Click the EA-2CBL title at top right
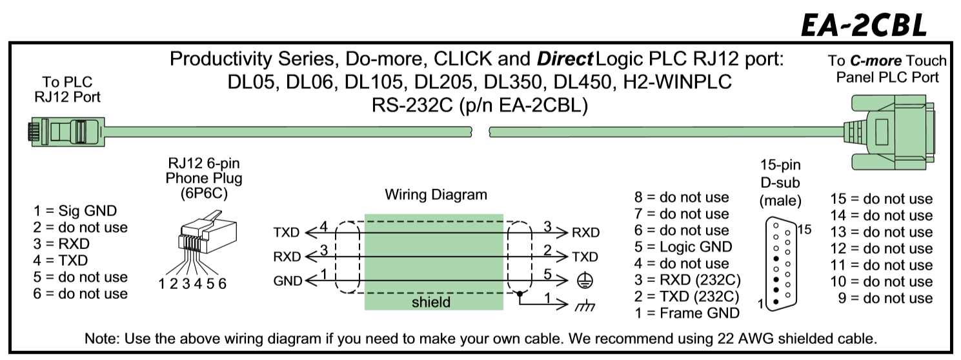pos(863,24)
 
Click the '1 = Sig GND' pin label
pos(75,210)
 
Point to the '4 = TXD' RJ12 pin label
pos(61,261)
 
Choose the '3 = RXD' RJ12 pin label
pos(61,244)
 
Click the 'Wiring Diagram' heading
pos(436,194)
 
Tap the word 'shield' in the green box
pos(431,302)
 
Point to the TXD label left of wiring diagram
pos(287,232)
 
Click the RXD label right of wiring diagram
pos(585,232)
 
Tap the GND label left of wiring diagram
pos(287,281)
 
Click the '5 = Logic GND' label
pos(683,246)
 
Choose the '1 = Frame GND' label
pos(687,314)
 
